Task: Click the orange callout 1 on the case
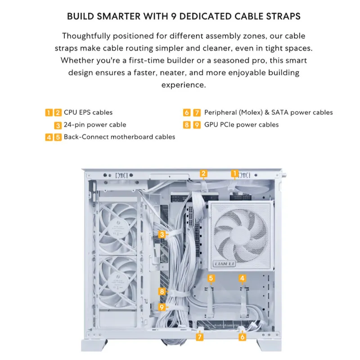tap(234, 174)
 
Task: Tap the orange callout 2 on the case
tap(203, 174)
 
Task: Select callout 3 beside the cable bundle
tap(162, 234)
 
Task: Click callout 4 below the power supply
tap(242, 278)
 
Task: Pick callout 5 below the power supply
tap(211, 278)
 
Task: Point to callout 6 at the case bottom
tap(242, 337)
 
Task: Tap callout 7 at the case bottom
tap(199, 337)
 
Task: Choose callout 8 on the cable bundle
tap(162, 292)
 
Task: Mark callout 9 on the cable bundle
tap(162, 307)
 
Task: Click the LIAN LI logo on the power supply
tap(224, 264)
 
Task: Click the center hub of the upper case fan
tap(118, 227)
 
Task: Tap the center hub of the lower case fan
tap(118, 282)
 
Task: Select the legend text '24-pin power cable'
tap(95, 125)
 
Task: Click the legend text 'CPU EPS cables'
tap(88, 112)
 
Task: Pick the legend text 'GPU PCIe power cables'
tap(242, 125)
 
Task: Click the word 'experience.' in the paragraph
tap(184, 85)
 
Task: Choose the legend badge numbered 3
tap(58, 125)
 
